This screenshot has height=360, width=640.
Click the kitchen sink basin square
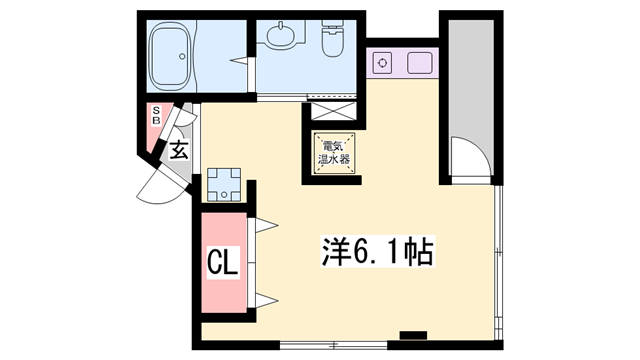click(420, 63)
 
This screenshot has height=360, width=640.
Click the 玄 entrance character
click(179, 152)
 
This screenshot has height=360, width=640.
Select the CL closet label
click(223, 265)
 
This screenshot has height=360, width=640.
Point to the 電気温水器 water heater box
click(334, 155)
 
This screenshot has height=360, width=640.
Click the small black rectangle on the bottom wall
click(412, 334)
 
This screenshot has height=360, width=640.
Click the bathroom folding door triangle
click(240, 62)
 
